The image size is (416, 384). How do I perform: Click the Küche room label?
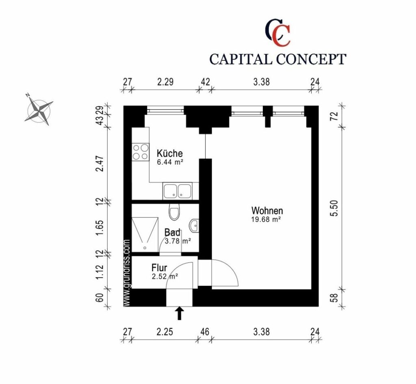coord(169,154)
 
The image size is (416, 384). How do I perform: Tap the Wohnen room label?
coord(267,211)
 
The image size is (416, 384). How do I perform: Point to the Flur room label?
coord(160,268)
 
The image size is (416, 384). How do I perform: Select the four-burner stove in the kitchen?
coord(141,152)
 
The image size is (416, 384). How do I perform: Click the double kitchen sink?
coord(177,191)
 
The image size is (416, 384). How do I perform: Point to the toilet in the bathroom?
coord(175,212)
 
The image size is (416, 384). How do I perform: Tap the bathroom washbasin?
coord(194,225)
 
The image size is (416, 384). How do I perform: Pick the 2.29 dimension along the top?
coord(165,82)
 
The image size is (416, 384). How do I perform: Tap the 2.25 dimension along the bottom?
coord(165,332)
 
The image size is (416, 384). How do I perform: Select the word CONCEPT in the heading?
coord(311,59)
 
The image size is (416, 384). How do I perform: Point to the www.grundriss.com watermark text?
coord(127,272)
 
